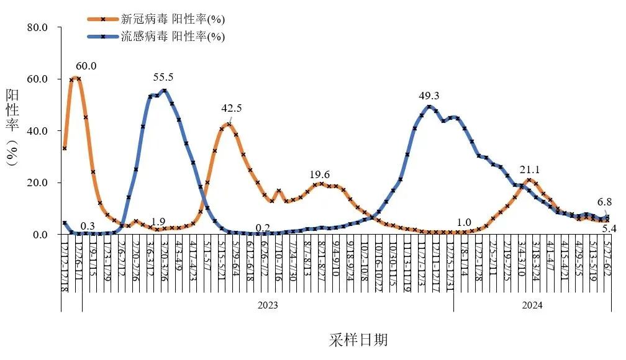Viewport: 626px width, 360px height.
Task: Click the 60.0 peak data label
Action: [x=86, y=66]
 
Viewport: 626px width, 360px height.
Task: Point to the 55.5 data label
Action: [x=163, y=78]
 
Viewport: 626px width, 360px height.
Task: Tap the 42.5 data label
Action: [x=232, y=108]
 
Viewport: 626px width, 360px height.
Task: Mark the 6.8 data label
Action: [x=605, y=201]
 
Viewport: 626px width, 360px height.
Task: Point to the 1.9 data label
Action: [x=158, y=222]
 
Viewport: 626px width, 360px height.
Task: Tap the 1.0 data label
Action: [x=463, y=223]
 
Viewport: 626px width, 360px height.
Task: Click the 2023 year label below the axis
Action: [x=268, y=305]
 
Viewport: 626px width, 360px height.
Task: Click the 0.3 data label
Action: [x=88, y=225]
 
